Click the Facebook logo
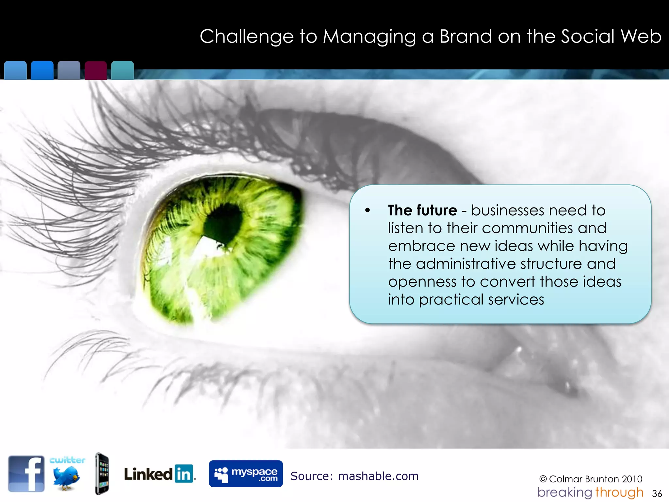tap(26, 474)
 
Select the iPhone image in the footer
tap(102, 474)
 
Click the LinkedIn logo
tap(160, 474)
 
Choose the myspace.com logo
tap(246, 474)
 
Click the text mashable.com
tap(378, 476)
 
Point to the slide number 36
tap(657, 494)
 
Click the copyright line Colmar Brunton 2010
tap(591, 479)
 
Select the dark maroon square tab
tap(96, 70)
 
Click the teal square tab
tap(122, 70)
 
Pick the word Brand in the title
tap(466, 36)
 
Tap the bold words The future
tap(422, 210)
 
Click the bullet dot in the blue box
tap(368, 210)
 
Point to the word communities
tap(528, 228)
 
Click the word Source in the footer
tap(310, 476)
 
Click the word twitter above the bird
tap(67, 460)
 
